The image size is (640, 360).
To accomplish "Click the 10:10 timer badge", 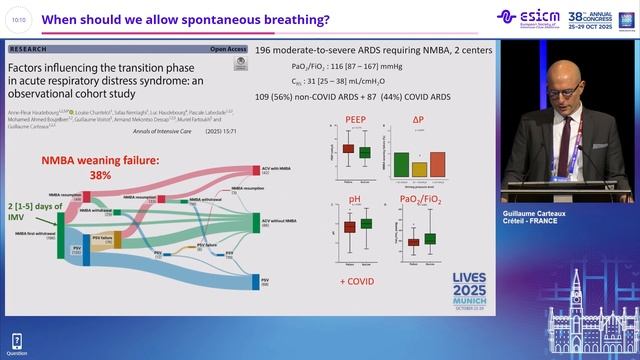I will click(x=20, y=17).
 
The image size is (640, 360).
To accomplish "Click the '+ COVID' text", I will click(x=356, y=282).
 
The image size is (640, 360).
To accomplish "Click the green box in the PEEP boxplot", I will click(x=364, y=152).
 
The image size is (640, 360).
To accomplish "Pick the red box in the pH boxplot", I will click(x=349, y=227).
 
